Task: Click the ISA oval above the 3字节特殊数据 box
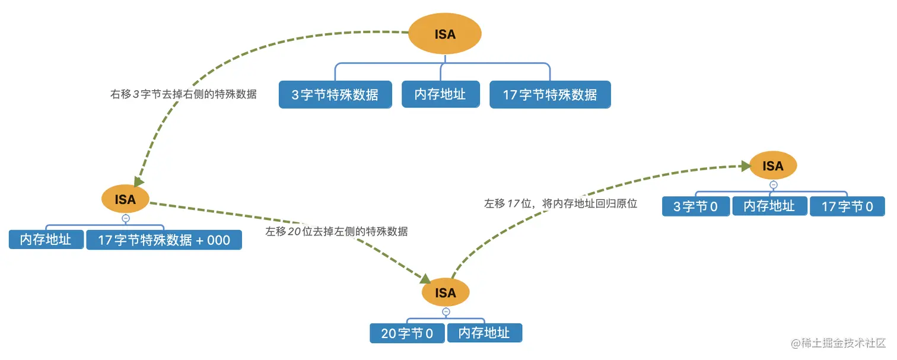click(x=445, y=34)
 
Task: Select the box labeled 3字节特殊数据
click(x=335, y=94)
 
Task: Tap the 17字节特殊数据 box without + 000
click(x=550, y=94)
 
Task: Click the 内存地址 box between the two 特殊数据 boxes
click(x=440, y=94)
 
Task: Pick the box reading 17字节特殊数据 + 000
click(x=164, y=240)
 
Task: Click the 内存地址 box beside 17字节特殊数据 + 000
click(x=46, y=239)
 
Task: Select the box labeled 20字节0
click(x=407, y=333)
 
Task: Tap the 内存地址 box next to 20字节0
click(x=485, y=333)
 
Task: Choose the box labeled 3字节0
click(x=696, y=206)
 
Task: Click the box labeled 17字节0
click(x=847, y=206)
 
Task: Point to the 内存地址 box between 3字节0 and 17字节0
click(x=769, y=206)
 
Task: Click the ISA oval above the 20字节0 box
click(x=446, y=292)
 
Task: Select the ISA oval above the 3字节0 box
click(x=773, y=166)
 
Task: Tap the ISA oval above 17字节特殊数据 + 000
click(x=125, y=199)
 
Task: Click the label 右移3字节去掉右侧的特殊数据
click(x=183, y=94)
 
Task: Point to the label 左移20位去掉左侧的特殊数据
click(x=336, y=231)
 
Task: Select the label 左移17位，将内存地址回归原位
click(x=561, y=203)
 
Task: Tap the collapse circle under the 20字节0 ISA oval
click(x=446, y=312)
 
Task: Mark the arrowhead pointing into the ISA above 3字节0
click(x=746, y=167)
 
